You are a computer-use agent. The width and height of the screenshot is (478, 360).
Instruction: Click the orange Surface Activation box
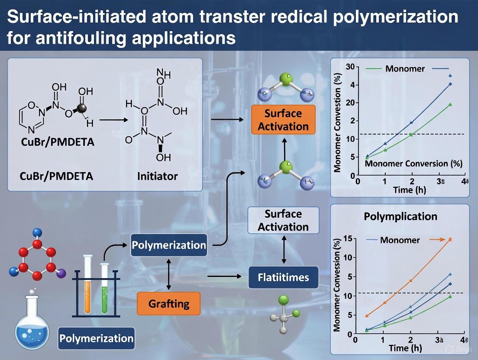click(x=283, y=120)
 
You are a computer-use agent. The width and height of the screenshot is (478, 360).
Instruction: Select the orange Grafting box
click(x=169, y=303)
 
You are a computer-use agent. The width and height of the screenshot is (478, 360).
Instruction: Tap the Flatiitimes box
click(x=284, y=277)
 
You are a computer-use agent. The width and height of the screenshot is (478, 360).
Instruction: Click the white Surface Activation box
click(x=283, y=220)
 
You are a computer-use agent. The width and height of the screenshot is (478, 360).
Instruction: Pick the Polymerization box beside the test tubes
click(x=169, y=245)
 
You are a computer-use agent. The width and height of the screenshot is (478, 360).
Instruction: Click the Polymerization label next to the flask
click(x=96, y=337)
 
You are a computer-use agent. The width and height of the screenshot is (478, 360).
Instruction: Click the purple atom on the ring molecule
click(x=61, y=273)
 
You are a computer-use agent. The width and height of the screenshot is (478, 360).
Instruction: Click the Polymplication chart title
click(x=400, y=216)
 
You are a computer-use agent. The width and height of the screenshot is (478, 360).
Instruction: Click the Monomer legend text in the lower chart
click(x=400, y=240)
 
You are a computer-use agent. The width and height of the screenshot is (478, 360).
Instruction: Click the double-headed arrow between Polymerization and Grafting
click(x=169, y=275)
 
